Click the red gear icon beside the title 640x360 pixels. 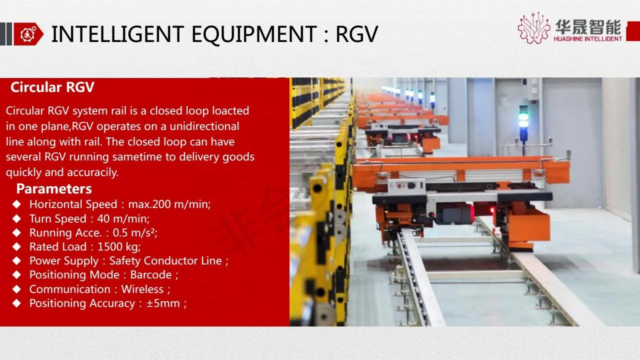(25, 34)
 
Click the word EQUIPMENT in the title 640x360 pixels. (254, 34)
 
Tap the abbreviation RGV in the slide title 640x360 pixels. (356, 34)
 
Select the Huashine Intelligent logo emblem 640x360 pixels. (533, 28)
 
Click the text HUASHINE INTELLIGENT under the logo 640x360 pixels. (587, 38)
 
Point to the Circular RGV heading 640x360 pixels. (52, 87)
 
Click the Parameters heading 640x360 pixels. (54, 188)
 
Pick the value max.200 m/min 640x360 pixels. (169, 204)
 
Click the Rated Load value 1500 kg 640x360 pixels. (119, 246)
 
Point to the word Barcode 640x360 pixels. (151, 274)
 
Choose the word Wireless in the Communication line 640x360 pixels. (142, 289)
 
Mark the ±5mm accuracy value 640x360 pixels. (163, 303)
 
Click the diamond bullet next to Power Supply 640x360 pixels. (17, 260)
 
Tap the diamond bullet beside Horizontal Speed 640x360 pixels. (17, 204)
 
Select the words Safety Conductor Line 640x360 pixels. (165, 260)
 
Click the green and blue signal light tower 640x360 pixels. (523, 122)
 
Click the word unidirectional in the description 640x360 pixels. (204, 126)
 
